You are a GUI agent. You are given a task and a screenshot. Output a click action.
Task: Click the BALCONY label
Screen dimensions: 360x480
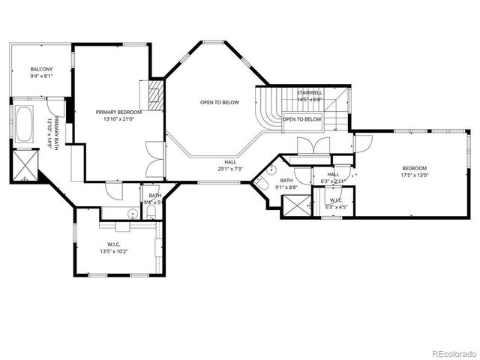(41, 69)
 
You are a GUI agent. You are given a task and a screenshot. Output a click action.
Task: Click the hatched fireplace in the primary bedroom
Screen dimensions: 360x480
(156, 95)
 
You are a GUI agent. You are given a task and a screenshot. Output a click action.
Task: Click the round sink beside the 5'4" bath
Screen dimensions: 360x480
(132, 214)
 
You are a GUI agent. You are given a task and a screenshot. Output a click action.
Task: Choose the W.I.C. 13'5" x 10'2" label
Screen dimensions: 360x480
(114, 247)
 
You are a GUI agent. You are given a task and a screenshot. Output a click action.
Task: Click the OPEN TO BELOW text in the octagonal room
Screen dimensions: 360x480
(220, 102)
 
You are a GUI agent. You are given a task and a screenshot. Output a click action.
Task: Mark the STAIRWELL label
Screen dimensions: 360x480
(310, 93)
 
